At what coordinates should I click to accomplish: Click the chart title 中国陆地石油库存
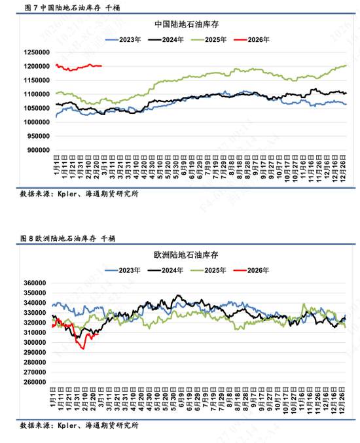[x=187, y=24]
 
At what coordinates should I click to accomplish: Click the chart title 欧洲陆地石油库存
[x=187, y=253]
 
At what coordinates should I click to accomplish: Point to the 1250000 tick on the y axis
[x=35, y=52]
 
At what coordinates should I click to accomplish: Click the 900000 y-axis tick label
[x=37, y=150]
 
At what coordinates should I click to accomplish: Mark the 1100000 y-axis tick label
[x=35, y=94]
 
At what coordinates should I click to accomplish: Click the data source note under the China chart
[x=79, y=194]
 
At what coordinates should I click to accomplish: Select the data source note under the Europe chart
[x=79, y=426]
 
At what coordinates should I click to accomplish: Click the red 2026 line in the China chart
[x=79, y=67]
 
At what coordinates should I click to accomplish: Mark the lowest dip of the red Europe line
[x=83, y=348]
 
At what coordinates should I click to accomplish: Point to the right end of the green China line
[x=346, y=65]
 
